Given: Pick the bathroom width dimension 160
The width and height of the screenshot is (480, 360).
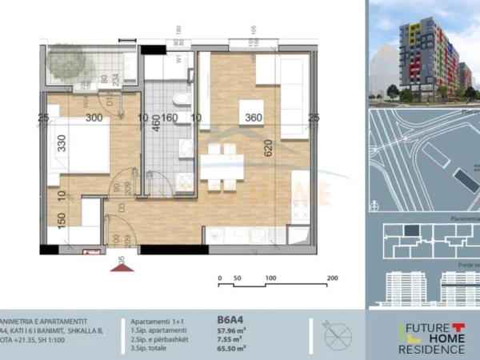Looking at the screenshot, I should [x=170, y=118].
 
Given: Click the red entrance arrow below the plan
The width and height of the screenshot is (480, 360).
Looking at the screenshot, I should [x=122, y=266].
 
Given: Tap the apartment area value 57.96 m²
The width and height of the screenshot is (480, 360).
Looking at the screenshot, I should [x=231, y=330].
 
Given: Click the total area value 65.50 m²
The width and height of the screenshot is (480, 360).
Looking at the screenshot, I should [x=231, y=348].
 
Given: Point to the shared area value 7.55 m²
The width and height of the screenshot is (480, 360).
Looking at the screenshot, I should [x=230, y=338].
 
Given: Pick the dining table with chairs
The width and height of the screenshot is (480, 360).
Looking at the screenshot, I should [x=221, y=165].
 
